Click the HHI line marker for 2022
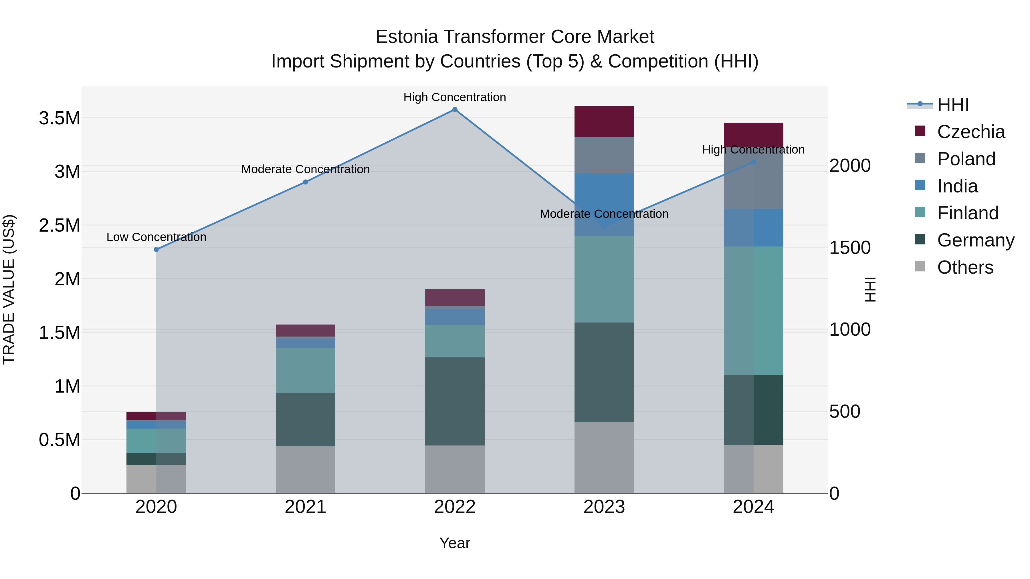[455, 110]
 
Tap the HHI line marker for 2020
[156, 249]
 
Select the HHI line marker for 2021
[306, 182]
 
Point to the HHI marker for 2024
[753, 162]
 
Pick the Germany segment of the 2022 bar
[455, 401]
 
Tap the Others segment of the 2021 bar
[306, 469]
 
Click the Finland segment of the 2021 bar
[306, 370]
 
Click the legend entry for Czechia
[970, 132]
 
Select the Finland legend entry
[968, 213]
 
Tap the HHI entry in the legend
[953, 105]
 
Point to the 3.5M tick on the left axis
[60, 118]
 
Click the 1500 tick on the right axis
[850, 248]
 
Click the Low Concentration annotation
[156, 237]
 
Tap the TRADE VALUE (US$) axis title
[9, 289]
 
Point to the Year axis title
[455, 543]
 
